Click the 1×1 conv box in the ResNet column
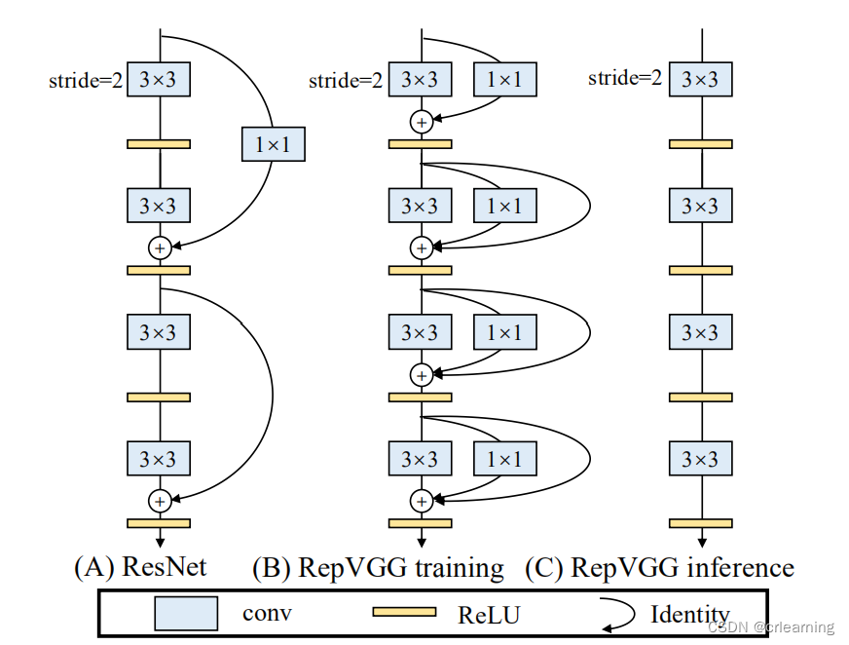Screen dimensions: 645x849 pos(273,145)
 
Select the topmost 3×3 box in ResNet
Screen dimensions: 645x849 pos(159,80)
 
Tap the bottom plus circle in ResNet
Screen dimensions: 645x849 pos(160,501)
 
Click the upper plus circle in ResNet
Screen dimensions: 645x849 pos(160,247)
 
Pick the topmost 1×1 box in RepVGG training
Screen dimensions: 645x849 pos(504,80)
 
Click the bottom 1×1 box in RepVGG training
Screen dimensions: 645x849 pos(504,459)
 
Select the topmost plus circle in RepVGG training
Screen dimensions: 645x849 pos(421,122)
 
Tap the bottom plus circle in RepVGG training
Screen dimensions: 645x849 pos(421,501)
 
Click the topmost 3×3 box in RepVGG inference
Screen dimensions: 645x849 pos(700,80)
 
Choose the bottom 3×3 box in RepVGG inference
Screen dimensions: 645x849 pos(700,459)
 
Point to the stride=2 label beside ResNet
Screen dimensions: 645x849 pos(86,81)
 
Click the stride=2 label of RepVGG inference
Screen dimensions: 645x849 pos(625,78)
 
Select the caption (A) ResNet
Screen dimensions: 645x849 pos(140,567)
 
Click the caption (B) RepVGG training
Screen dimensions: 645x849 pos(379,567)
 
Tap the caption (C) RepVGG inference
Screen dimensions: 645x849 pos(659,567)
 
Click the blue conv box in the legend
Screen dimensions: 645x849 pos(186,613)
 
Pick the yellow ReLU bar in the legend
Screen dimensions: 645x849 pos(404,612)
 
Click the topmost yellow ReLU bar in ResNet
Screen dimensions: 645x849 pos(159,144)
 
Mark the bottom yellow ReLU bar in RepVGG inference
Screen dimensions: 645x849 pos(700,523)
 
